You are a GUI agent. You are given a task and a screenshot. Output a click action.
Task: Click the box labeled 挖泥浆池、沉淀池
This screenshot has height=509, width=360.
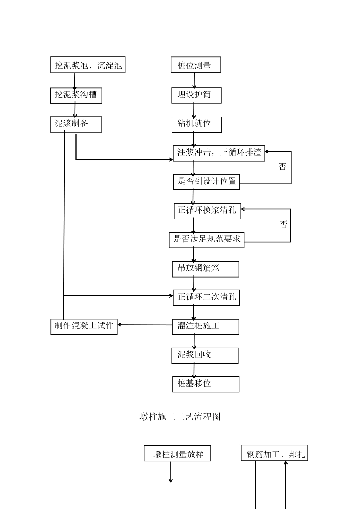tap(88, 65)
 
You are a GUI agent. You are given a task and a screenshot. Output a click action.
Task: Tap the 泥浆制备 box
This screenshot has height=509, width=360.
tap(76, 124)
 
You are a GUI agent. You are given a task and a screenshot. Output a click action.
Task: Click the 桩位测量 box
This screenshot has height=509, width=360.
tap(196, 65)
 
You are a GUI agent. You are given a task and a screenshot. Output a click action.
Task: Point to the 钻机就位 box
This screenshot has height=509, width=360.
tap(197, 125)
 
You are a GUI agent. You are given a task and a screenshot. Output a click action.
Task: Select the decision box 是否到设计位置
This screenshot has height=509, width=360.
tap(207, 182)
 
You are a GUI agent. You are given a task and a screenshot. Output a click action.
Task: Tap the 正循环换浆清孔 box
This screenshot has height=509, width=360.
tap(207, 211)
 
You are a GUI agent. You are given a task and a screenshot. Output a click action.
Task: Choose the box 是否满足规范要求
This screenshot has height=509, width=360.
tap(207, 240)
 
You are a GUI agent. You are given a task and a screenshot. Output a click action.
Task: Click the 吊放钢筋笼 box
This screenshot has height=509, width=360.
tap(205, 269)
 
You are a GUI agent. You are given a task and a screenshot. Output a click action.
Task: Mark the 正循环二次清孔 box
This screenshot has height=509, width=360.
tap(207, 298)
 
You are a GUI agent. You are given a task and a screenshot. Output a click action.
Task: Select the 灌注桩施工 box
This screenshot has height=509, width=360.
tap(205, 326)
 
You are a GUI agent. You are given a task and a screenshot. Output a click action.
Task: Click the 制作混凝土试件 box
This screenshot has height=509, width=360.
tap(84, 326)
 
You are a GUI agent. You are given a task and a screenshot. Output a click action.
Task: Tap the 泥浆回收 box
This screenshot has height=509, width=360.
tap(205, 355)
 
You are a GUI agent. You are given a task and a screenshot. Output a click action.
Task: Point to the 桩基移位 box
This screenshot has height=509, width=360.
tap(206, 384)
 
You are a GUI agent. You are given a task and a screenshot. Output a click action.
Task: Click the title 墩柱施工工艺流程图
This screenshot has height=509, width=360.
tap(180, 417)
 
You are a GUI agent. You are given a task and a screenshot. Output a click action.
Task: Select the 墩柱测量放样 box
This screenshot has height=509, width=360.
tap(177, 453)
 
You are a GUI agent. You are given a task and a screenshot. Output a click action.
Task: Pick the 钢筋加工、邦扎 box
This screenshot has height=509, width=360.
tap(274, 453)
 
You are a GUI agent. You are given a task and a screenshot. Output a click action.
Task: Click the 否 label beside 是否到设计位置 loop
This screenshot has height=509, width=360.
tap(283, 167)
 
